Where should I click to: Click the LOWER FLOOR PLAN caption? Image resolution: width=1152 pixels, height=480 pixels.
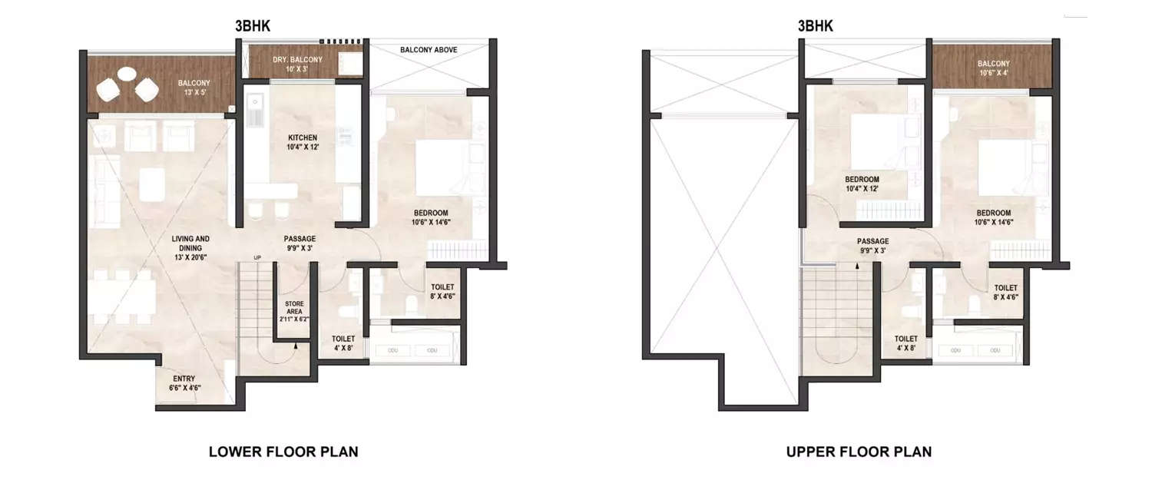(x=283, y=452)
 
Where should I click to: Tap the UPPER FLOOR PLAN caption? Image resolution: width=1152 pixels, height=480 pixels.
(x=859, y=452)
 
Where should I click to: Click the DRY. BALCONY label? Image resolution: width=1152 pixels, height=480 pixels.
(x=297, y=64)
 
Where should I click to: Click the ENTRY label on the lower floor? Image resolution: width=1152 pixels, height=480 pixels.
(x=184, y=382)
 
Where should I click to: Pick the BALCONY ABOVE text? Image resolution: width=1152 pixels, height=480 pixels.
(x=429, y=50)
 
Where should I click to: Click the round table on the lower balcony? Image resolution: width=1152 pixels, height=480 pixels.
(x=127, y=74)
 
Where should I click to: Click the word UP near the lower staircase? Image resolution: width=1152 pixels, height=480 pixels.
(x=258, y=257)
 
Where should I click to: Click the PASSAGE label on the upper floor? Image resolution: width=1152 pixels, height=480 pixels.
(x=873, y=245)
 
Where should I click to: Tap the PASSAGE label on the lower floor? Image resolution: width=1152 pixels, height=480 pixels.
(x=299, y=243)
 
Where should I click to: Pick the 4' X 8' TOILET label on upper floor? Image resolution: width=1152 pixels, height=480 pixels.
(x=905, y=343)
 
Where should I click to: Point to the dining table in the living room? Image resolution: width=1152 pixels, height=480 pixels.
(x=123, y=296)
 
